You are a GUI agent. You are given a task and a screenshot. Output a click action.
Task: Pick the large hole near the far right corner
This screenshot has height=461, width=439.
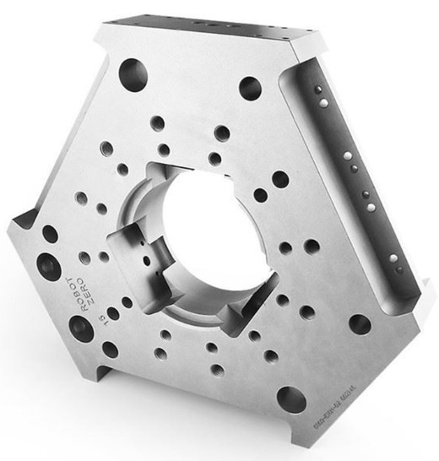[x=360, y=323]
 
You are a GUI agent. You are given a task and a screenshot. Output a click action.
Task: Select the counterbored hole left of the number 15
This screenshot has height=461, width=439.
[x=81, y=328]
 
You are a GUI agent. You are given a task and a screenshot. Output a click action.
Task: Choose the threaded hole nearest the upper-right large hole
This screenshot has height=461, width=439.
[x=221, y=133]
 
